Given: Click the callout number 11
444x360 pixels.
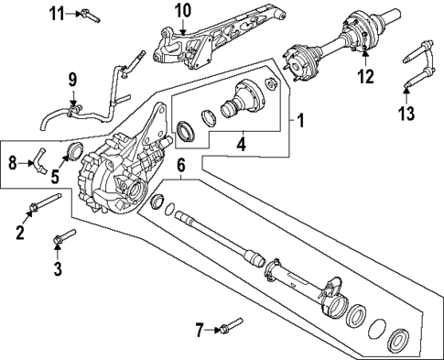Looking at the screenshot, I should coord(57,13).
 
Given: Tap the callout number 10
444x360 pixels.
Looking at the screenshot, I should coord(182,12).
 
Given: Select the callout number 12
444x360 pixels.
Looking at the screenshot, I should coord(366,78).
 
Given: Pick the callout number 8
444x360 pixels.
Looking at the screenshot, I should coord(12,163).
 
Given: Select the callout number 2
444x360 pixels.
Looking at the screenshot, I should coord(19,234).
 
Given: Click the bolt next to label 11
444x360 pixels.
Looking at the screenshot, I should coord(88,14).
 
